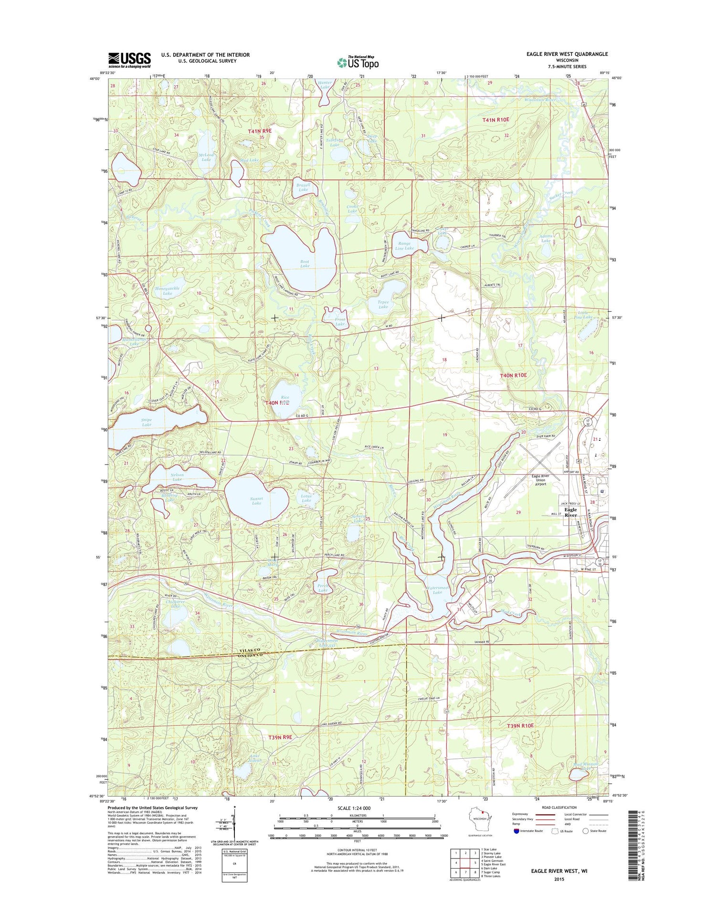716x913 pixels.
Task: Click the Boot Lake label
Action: tap(305, 264)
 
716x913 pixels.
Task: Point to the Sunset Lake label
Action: tap(256, 500)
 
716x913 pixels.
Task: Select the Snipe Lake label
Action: tap(147, 422)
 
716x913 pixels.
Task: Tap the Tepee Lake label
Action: tap(383, 304)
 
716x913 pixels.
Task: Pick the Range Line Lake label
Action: tap(404, 245)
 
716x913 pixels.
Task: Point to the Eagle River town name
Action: tap(570, 512)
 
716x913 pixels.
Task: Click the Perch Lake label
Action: tap(323, 588)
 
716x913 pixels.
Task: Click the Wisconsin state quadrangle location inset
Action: tap(478, 819)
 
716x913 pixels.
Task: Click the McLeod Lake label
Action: tap(206, 157)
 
